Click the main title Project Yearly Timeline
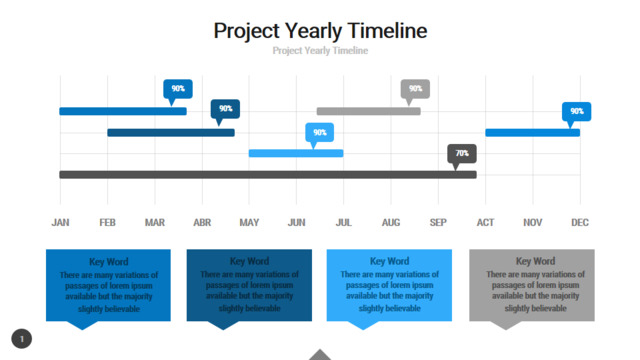[x=320, y=31]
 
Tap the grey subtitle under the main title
[x=320, y=51]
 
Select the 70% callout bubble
[x=462, y=154]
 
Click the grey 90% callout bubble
[x=415, y=89]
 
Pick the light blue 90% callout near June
[x=320, y=133]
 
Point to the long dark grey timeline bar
[x=268, y=175]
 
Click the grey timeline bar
[x=369, y=111]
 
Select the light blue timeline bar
[x=296, y=153]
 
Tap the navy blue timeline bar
[x=171, y=132]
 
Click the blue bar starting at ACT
[x=533, y=132]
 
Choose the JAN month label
[x=60, y=222]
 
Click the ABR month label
[x=202, y=222]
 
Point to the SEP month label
[x=438, y=222]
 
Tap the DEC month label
[x=580, y=222]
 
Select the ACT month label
[x=485, y=222]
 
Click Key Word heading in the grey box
[x=536, y=261]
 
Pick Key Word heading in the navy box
[x=249, y=261]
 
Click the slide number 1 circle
[x=22, y=339]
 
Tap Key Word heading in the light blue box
[x=389, y=261]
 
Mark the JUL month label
[x=344, y=222]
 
